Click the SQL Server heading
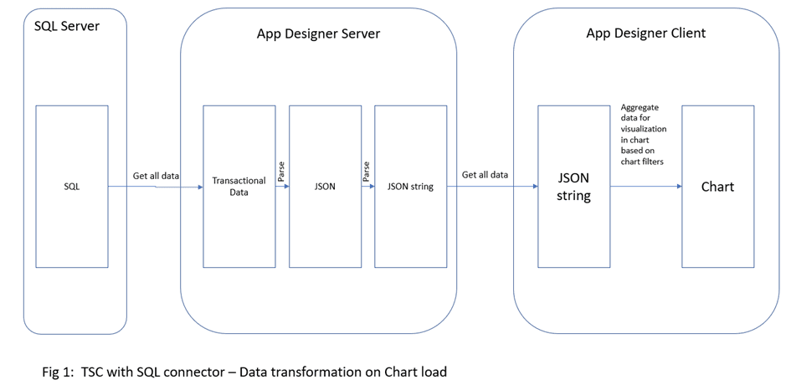pos(67,26)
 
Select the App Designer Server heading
pos(318,33)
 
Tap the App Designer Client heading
pos(645,33)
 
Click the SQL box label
pos(72,187)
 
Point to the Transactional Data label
pos(239,186)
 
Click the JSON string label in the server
pos(410,187)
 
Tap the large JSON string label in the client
pos(573,187)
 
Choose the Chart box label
pos(717,187)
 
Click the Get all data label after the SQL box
pos(156,176)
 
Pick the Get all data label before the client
pos(485,175)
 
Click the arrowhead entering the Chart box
pos(677,187)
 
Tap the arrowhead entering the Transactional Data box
pos(200,187)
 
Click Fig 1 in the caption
pos(57,370)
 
